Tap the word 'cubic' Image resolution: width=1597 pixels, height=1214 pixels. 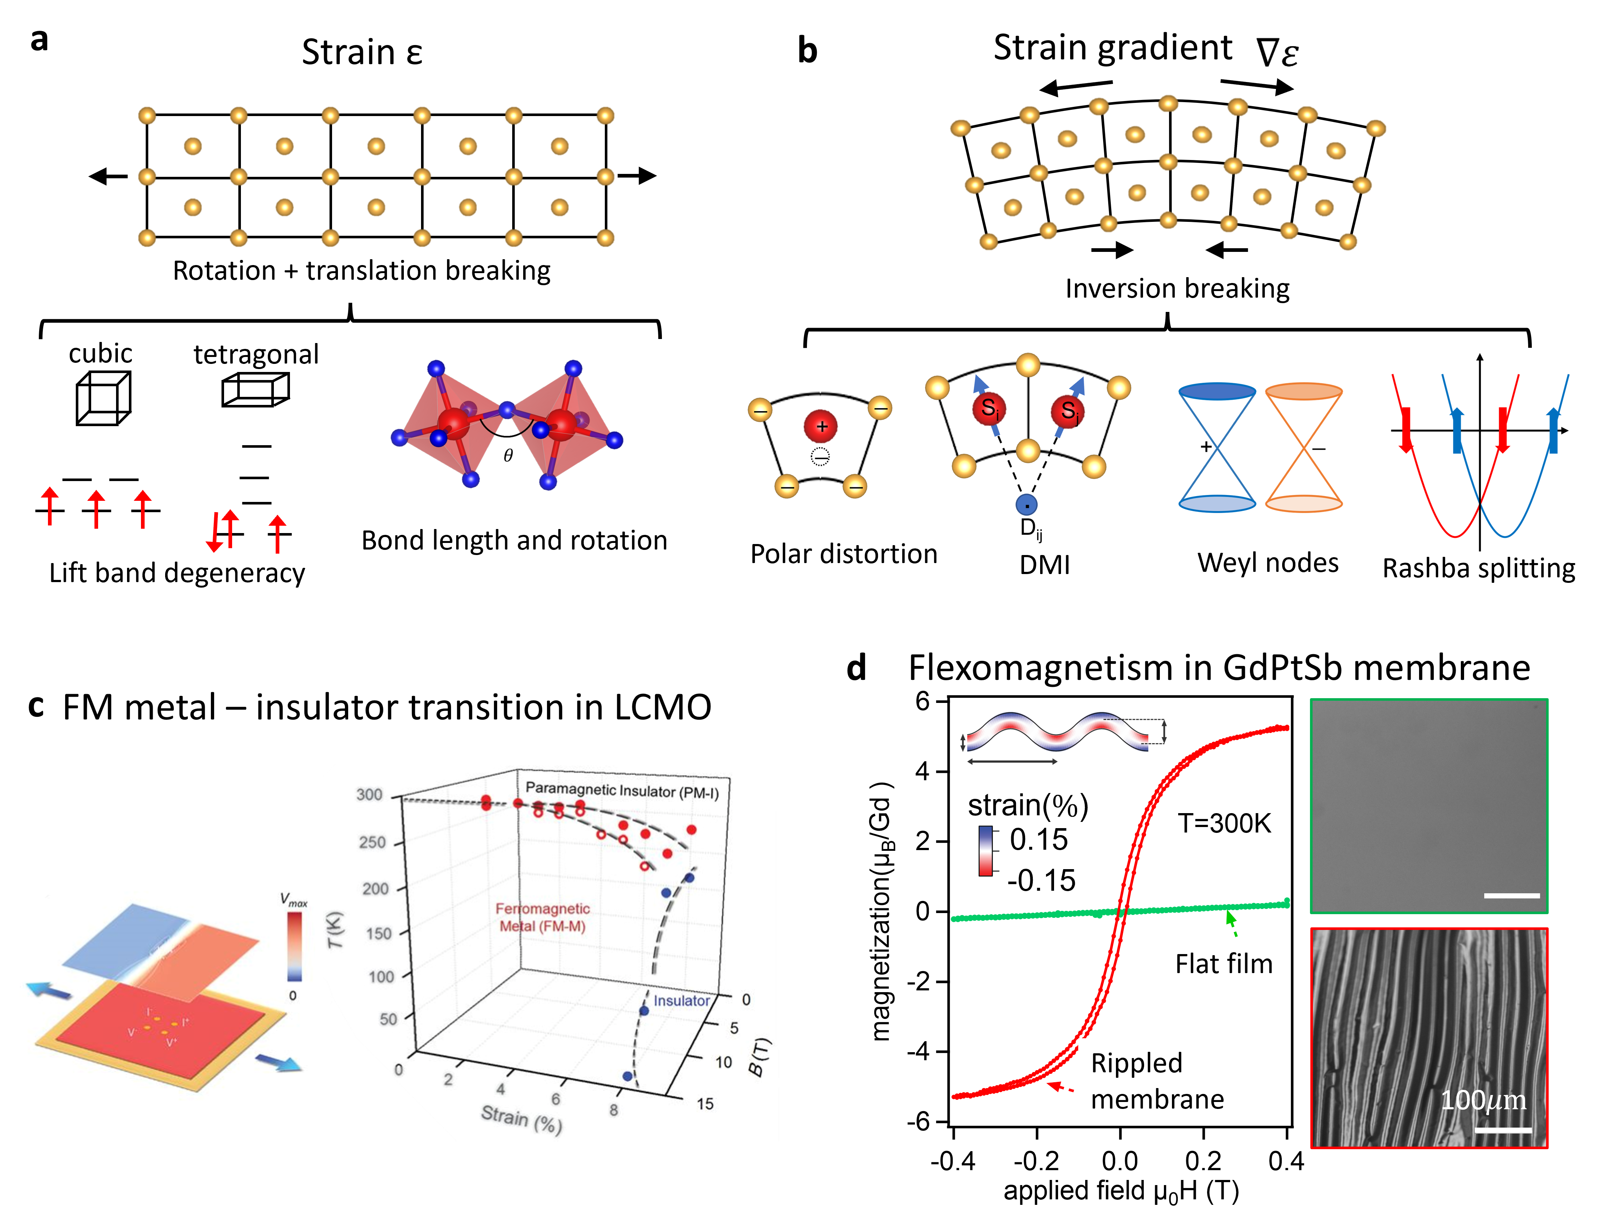(x=100, y=353)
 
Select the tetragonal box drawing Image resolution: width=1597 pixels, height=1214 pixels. (x=255, y=390)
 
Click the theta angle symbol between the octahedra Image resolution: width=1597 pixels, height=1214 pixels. (x=508, y=456)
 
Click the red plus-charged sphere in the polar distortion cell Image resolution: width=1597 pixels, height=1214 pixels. (x=821, y=427)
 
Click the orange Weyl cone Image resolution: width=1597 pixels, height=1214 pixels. (x=1304, y=448)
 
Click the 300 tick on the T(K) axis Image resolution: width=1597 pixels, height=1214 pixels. (x=369, y=795)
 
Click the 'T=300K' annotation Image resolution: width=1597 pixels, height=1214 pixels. (x=1224, y=823)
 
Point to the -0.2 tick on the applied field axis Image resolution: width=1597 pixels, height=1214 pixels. (x=1036, y=1161)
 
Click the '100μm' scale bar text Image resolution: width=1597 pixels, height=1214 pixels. (x=1483, y=1101)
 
